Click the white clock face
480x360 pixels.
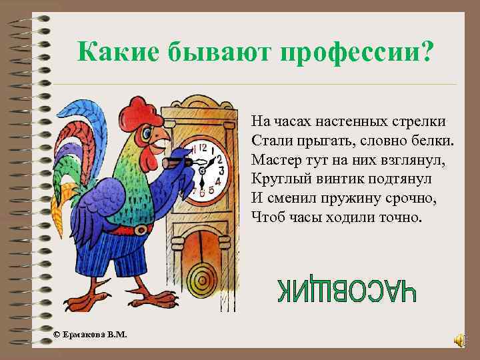point(207,169)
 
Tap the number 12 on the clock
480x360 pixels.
point(204,147)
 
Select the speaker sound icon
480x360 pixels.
point(460,341)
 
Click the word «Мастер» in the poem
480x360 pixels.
point(274,160)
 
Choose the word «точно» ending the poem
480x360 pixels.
point(403,217)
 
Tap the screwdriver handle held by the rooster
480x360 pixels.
point(173,161)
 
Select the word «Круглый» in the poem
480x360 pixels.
point(275,179)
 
